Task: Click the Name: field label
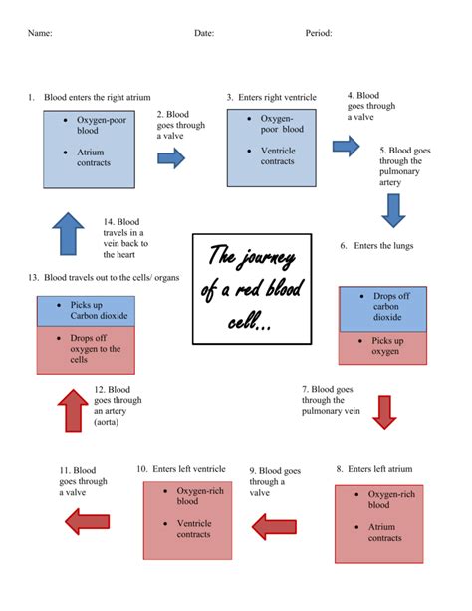[40, 33]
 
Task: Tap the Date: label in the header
[204, 33]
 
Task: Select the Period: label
[319, 33]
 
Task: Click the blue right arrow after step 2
[171, 158]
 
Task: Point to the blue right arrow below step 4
[346, 147]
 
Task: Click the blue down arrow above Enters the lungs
[393, 211]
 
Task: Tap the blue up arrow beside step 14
[68, 234]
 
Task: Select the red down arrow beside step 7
[384, 413]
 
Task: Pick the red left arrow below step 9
[274, 527]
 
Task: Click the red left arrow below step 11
[88, 521]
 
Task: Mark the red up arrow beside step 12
[73, 411]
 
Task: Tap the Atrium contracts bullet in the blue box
[94, 157]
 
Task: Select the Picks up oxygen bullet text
[387, 346]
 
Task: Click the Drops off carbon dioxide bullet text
[391, 306]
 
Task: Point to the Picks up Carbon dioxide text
[99, 310]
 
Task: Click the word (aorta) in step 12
[106, 422]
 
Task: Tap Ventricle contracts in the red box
[194, 529]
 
